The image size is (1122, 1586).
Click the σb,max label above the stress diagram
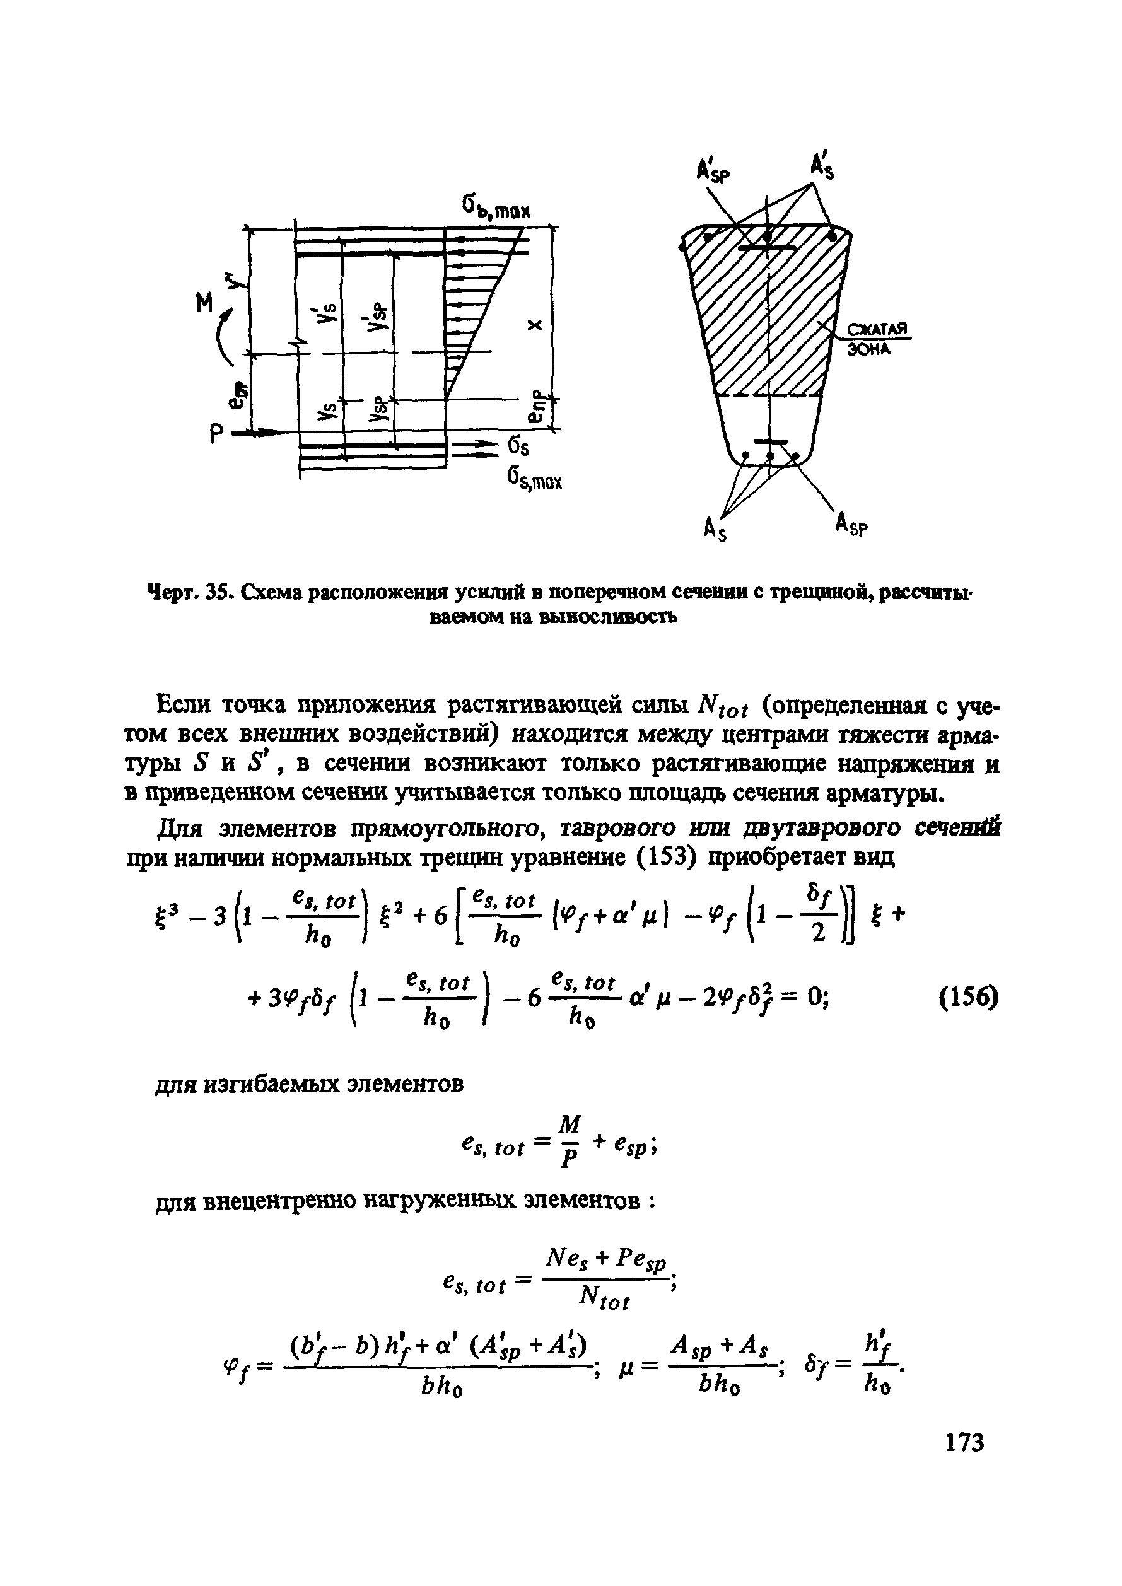tap(494, 208)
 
